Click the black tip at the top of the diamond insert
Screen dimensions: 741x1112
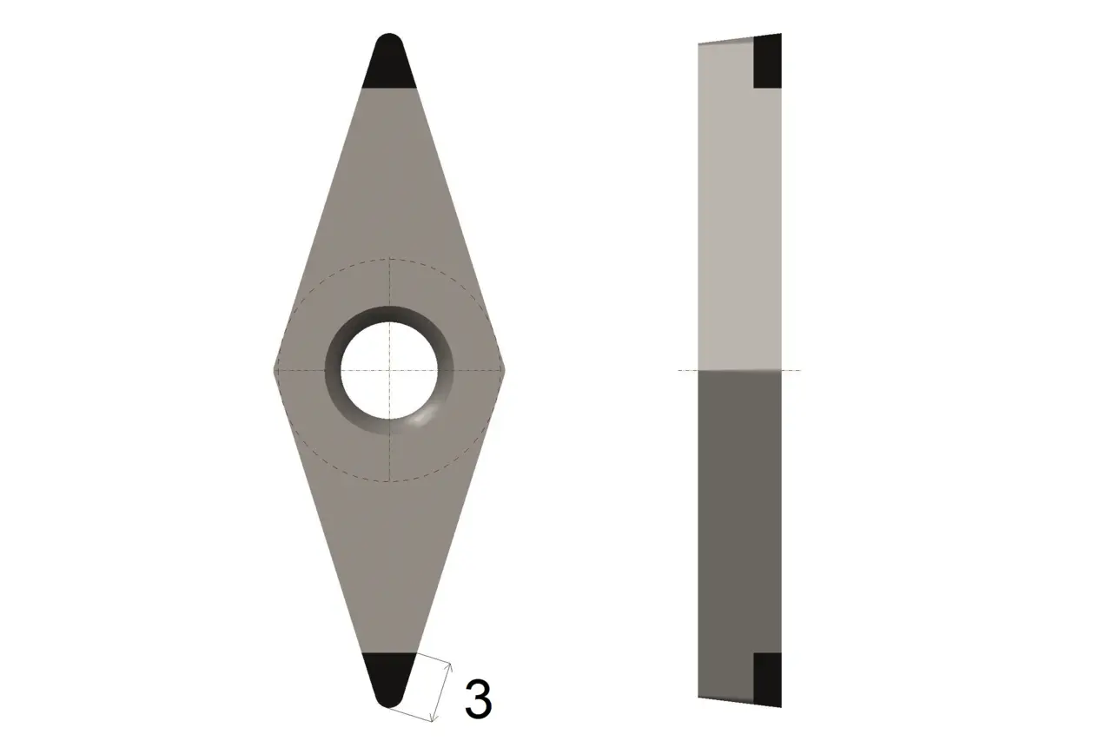tap(388, 64)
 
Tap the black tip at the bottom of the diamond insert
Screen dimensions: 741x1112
tap(388, 678)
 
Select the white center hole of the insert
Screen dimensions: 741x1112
tap(388, 370)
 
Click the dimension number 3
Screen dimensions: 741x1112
tap(478, 698)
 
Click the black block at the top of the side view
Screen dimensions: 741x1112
tap(767, 62)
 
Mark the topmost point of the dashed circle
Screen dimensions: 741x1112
tap(389, 259)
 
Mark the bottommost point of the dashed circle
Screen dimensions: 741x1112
tap(389, 481)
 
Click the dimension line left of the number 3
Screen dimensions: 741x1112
tap(444, 691)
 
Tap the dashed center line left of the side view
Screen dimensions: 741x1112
tap(688, 371)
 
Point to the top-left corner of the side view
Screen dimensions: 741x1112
tap(699, 43)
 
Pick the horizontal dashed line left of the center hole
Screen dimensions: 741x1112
tap(300, 371)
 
